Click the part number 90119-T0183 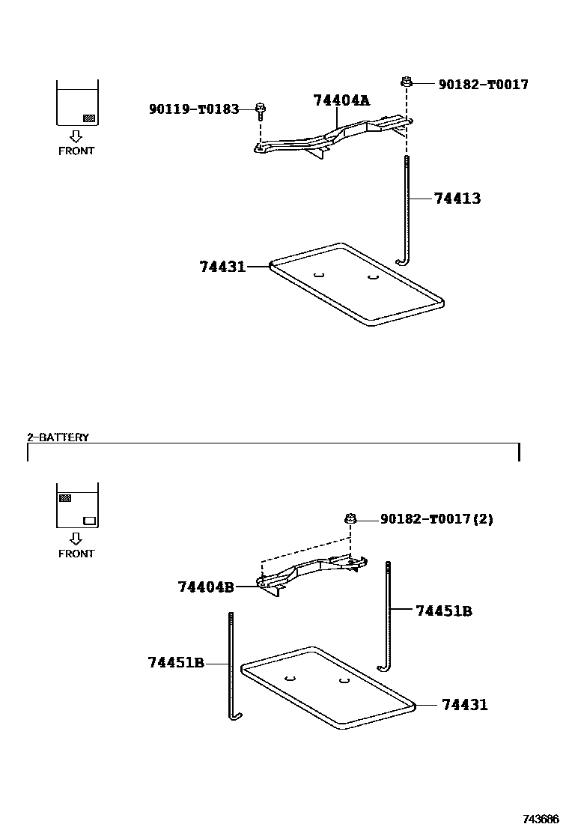click(193, 109)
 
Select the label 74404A click(341, 100)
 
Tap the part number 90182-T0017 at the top click(483, 85)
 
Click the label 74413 click(457, 199)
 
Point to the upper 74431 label click(222, 266)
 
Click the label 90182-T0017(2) click(436, 519)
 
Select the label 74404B click(205, 587)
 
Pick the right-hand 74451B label click(444, 611)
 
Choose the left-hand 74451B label click(176, 663)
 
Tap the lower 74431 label click(464, 705)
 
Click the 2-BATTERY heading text click(58, 437)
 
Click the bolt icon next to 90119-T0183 click(260, 111)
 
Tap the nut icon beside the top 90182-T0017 click(407, 82)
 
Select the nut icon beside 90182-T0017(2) click(350, 518)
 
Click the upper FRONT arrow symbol click(76, 136)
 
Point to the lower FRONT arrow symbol click(76, 539)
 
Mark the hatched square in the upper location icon click(88, 118)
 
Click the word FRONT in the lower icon click(76, 554)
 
